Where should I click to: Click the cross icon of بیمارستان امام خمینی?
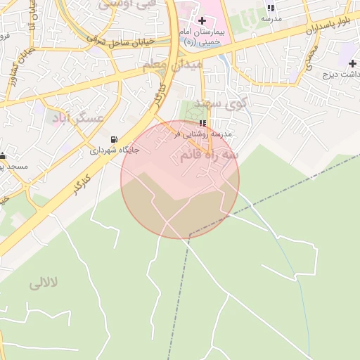(x=202, y=20)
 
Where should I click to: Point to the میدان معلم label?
(x=172, y=65)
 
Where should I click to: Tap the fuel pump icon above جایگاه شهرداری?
(x=115, y=139)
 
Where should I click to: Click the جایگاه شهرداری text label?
(x=115, y=150)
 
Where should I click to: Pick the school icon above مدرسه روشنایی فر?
(x=203, y=123)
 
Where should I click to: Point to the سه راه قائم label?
(x=209, y=154)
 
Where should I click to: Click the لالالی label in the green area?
(x=44, y=283)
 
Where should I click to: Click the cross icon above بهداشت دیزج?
(x=352, y=63)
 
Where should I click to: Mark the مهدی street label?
(x=311, y=57)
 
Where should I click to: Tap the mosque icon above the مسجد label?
(x=3, y=155)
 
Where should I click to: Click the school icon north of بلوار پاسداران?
(x=271, y=8)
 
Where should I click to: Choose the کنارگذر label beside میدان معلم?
(x=160, y=96)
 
